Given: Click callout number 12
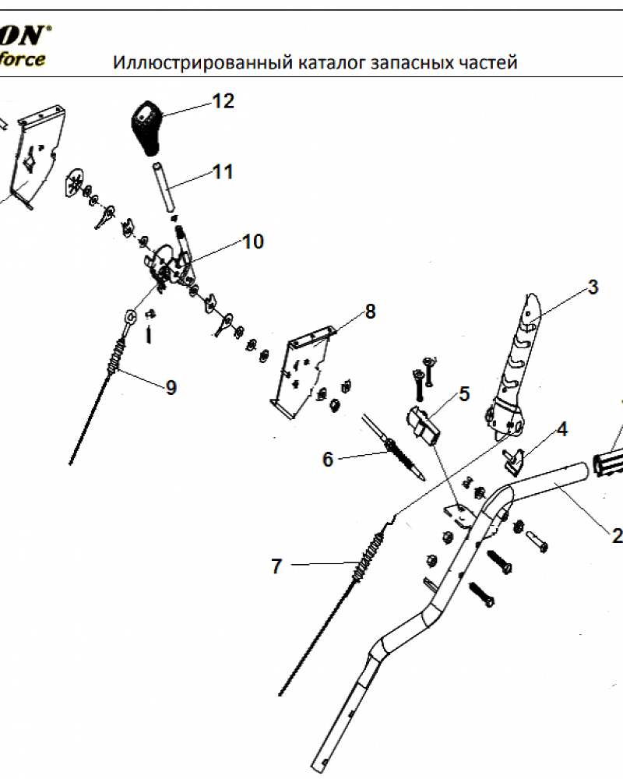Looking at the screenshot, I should point(223,101).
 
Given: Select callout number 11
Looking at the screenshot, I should point(223,171).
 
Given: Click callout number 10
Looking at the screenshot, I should point(252,241).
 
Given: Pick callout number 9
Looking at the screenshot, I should point(171,387).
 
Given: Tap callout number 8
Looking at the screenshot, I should point(370,312).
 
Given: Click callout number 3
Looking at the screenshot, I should point(593,287).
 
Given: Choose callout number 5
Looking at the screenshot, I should point(464,393).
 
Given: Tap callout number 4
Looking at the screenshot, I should point(561,428).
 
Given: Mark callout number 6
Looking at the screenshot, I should point(327,460).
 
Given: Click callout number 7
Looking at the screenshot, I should point(276,566).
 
